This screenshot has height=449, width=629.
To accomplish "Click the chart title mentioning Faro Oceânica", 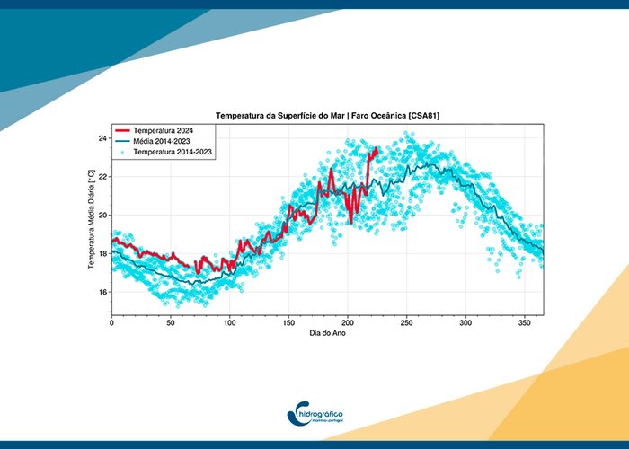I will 327,116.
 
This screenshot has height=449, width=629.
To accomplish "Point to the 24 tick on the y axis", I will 102,138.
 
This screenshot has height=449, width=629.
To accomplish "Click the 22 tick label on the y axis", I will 102,177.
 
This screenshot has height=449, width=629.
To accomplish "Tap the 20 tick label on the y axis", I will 102,216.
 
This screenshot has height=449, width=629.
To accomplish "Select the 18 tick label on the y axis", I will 102,254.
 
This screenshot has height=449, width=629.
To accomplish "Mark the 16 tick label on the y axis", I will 102,293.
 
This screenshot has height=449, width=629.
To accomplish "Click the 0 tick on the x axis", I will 111,321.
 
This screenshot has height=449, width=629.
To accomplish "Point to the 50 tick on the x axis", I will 170,321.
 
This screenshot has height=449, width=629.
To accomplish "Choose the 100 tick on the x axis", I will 229,321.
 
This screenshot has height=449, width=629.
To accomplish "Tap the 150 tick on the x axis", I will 288,321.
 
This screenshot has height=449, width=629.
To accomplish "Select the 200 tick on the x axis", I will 348,321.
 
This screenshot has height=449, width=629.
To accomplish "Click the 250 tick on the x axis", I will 407,321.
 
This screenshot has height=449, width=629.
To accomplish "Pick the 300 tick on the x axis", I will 465,321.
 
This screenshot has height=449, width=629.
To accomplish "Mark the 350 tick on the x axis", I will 525,321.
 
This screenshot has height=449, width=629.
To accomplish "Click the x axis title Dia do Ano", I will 327,333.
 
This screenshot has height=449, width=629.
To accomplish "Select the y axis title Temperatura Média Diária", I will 91,221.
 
